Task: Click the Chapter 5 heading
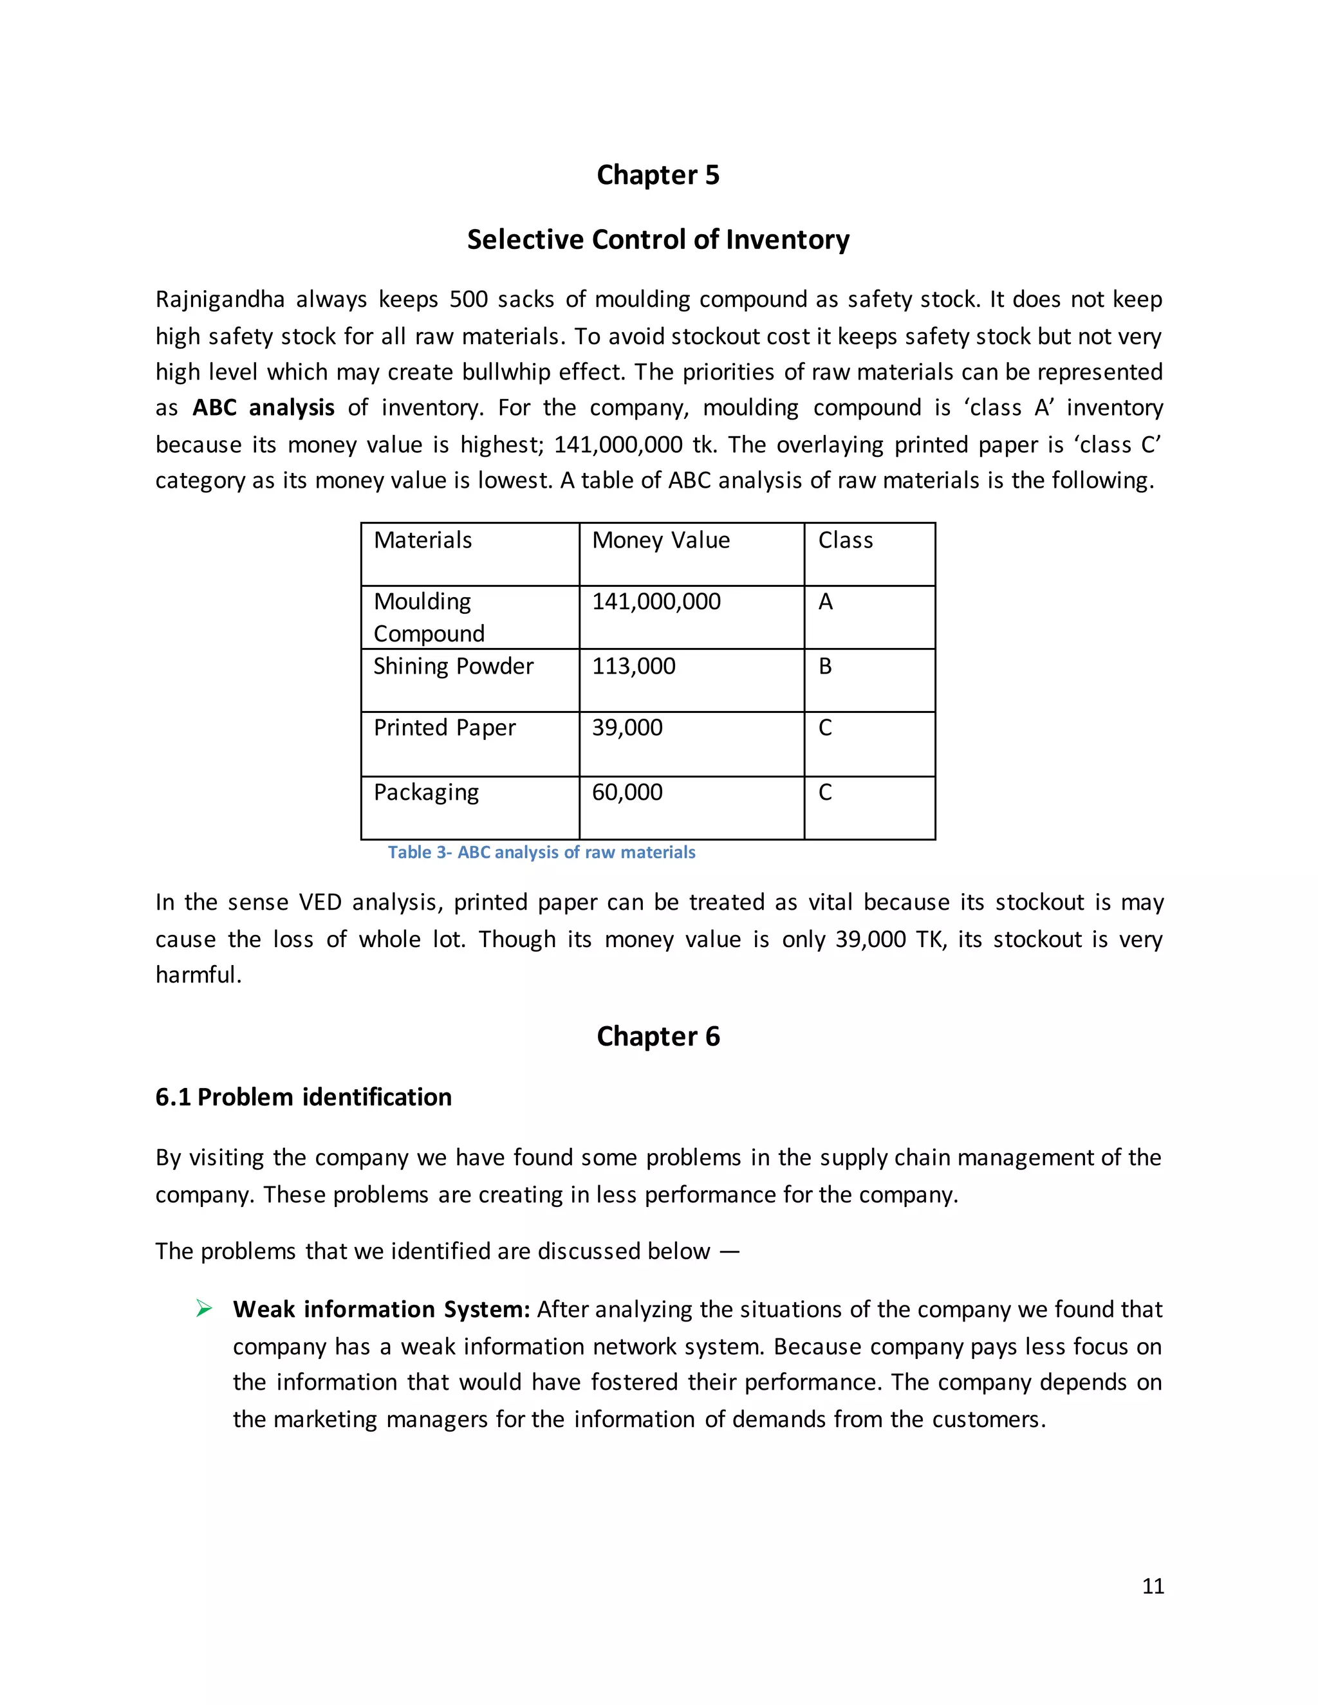[x=658, y=175]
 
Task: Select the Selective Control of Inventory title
[x=658, y=240]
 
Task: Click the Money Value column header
[x=660, y=540]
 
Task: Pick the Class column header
[x=845, y=540]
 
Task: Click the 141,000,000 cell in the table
[x=656, y=602]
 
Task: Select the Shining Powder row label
[x=453, y=667]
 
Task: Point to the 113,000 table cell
[x=633, y=667]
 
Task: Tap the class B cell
[x=825, y=667]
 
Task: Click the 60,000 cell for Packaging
[x=627, y=793]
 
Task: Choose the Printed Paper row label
[x=444, y=728]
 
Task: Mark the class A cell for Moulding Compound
[x=825, y=602]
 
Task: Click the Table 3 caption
[x=541, y=852]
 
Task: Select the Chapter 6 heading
[x=658, y=1037]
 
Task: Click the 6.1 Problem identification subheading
[x=303, y=1098]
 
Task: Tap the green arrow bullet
[x=204, y=1309]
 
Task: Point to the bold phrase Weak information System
[x=381, y=1310]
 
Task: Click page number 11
[x=1153, y=1587]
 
